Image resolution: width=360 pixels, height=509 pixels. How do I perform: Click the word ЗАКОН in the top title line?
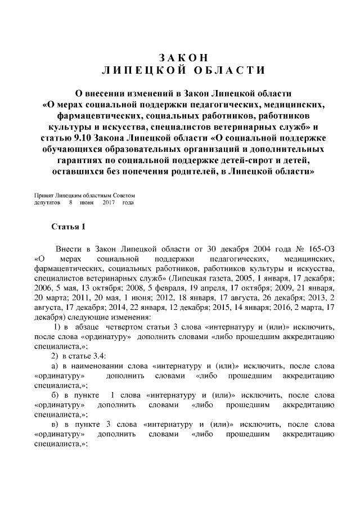click(181, 58)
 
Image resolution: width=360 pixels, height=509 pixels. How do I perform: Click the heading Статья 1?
click(68, 227)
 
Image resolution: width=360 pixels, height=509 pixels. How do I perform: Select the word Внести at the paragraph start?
click(67, 249)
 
